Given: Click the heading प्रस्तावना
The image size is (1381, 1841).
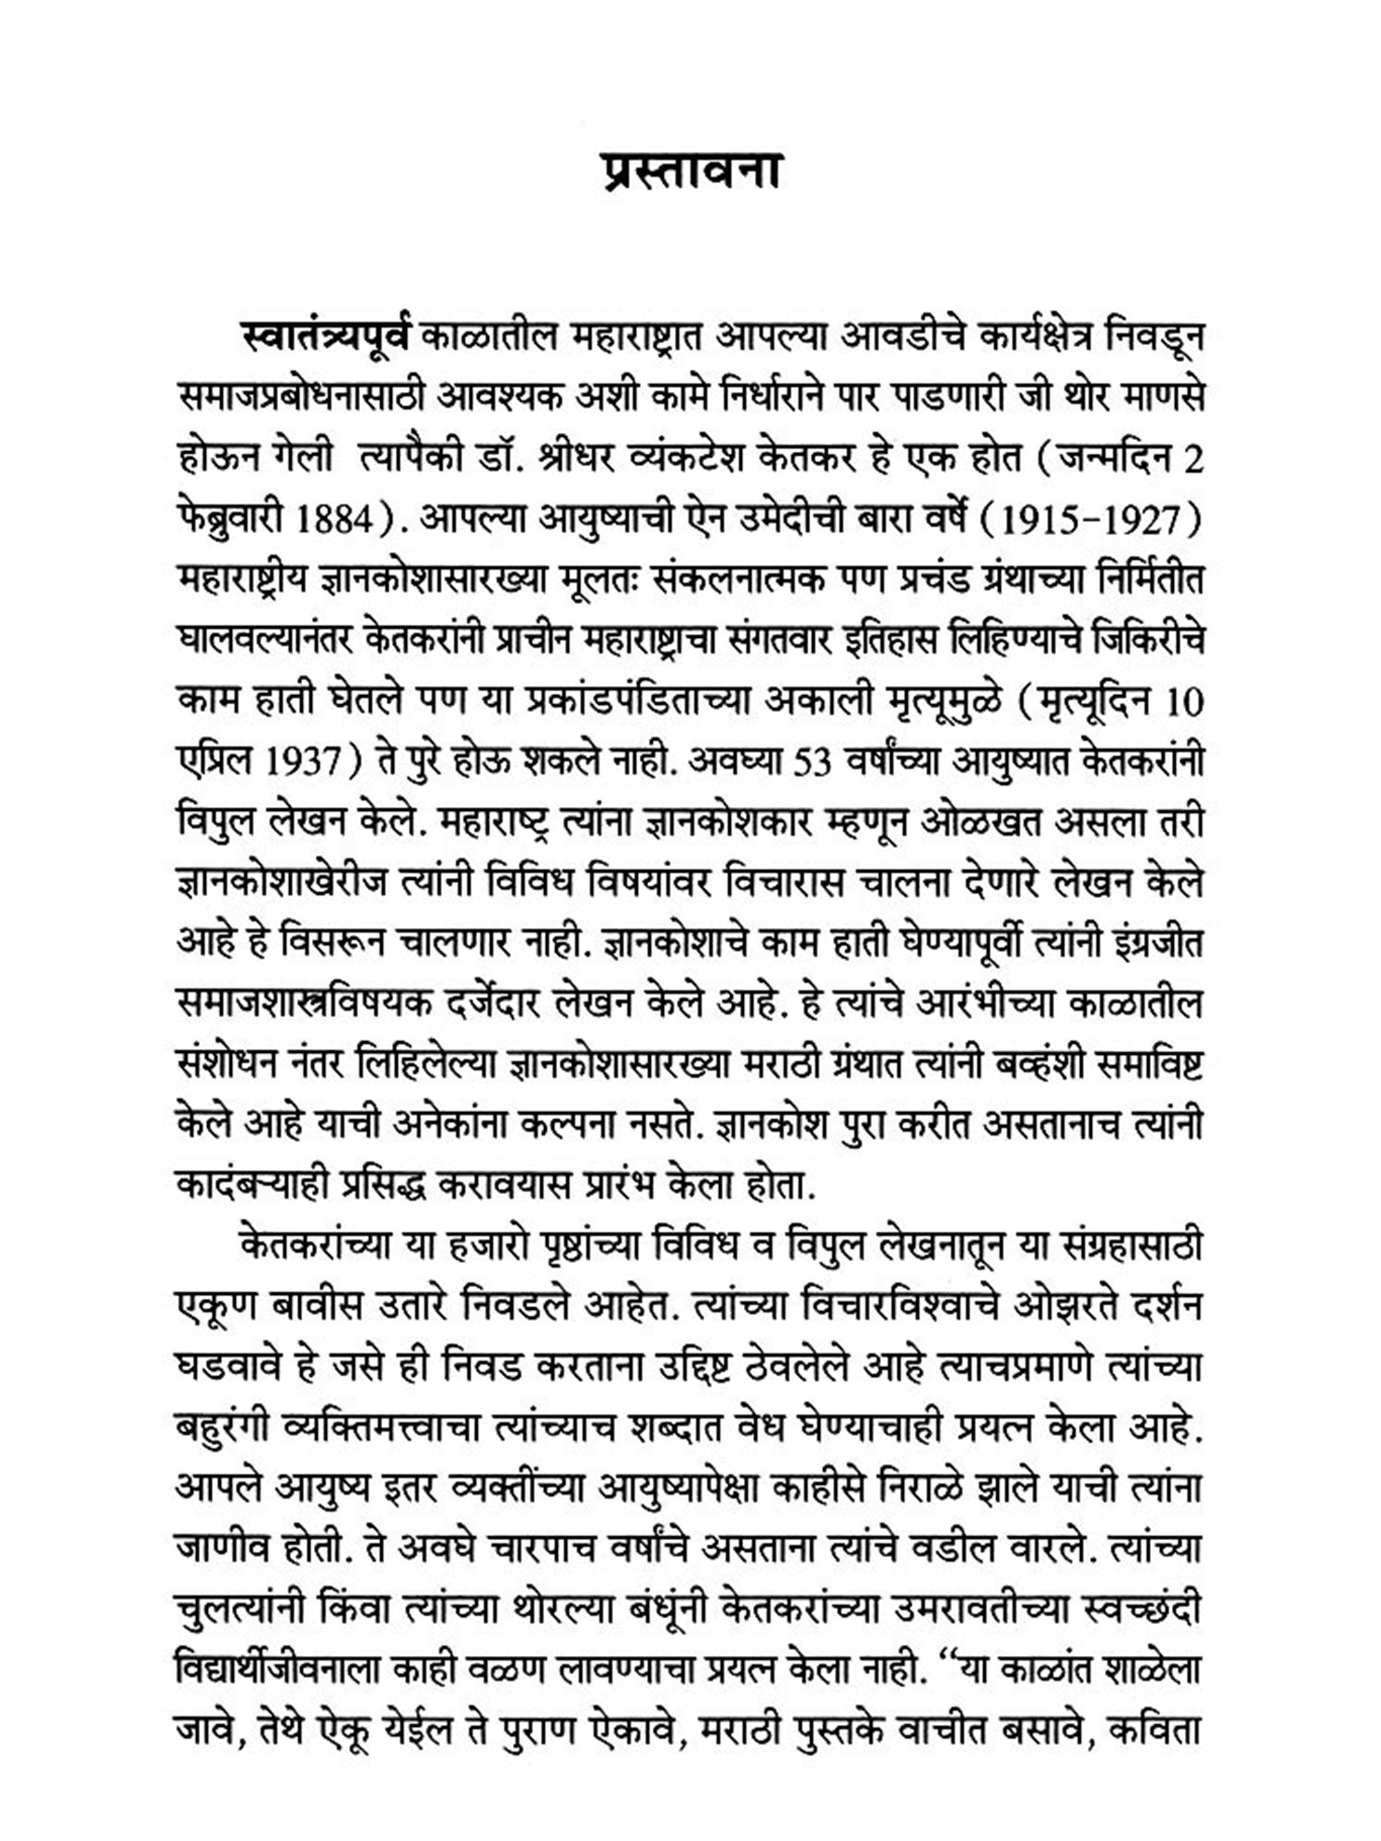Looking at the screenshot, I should tap(690, 171).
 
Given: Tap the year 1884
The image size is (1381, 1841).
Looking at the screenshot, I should tap(331, 520).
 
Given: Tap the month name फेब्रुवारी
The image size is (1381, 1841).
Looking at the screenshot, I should tap(229, 520).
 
